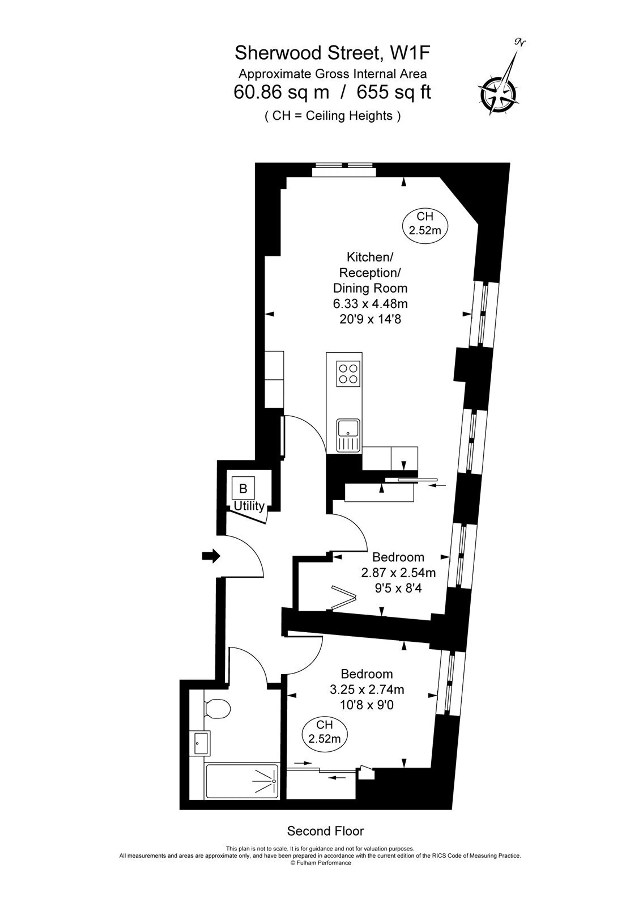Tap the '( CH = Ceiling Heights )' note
[333, 116]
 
